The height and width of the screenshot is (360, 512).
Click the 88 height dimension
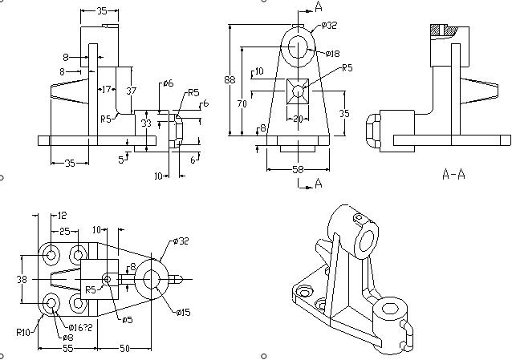(x=230, y=79)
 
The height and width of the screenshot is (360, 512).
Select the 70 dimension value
(x=241, y=104)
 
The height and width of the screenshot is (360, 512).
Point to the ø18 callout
(x=333, y=54)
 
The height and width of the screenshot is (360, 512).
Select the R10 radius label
(x=24, y=330)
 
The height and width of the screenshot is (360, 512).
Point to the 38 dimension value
(x=22, y=280)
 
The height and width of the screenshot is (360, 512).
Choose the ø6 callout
(x=168, y=83)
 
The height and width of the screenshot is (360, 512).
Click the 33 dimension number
(x=146, y=123)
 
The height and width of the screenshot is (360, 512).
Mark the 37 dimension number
(x=132, y=90)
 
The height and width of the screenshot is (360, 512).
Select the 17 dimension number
(x=106, y=90)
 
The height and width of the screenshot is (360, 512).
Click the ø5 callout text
(x=127, y=320)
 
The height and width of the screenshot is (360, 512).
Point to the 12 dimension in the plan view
(x=63, y=216)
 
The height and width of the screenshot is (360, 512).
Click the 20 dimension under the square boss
(x=298, y=119)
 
